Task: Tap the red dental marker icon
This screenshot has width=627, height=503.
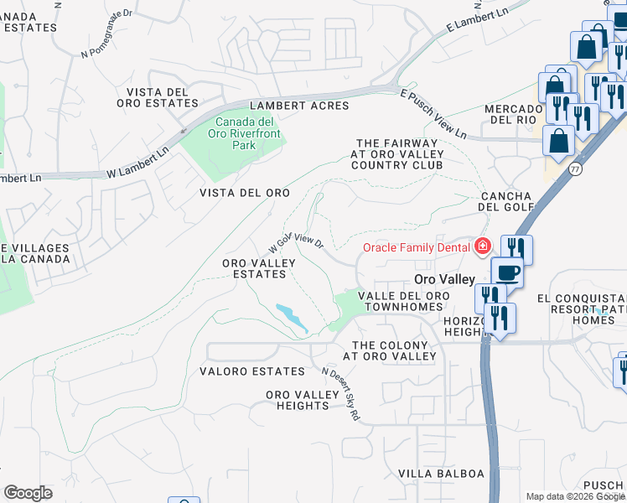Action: tap(483, 246)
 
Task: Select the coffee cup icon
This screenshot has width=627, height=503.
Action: tap(507, 272)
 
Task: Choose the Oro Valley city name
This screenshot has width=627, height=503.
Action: tap(445, 279)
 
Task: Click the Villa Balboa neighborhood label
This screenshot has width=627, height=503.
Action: tap(441, 474)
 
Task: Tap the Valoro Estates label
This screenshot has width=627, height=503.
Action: tap(252, 371)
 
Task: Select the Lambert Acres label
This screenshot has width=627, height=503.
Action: tap(299, 105)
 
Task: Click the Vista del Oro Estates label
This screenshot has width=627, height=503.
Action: tap(163, 97)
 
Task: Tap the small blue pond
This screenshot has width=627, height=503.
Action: tap(290, 315)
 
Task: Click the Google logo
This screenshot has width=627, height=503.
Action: tap(28, 492)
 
